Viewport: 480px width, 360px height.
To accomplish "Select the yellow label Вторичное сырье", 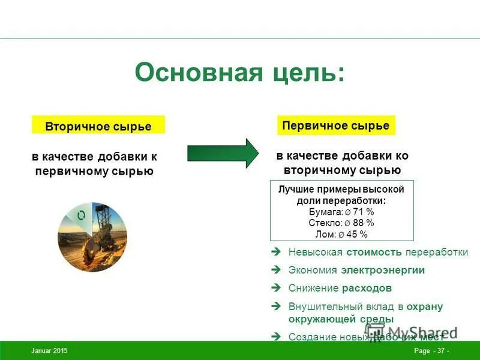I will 98,126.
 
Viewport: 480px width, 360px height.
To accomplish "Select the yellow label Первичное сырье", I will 336,125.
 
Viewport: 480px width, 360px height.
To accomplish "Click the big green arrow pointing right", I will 222,154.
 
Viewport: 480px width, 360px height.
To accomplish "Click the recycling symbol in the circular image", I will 81,215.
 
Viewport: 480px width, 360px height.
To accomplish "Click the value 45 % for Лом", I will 358,234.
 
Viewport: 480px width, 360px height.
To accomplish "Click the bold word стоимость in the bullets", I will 373,253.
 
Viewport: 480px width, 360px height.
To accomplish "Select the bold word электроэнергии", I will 383,271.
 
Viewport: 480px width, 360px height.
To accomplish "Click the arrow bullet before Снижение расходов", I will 276,288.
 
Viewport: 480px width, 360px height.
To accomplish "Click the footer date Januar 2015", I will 49,350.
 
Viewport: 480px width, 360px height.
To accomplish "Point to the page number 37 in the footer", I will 441,350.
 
